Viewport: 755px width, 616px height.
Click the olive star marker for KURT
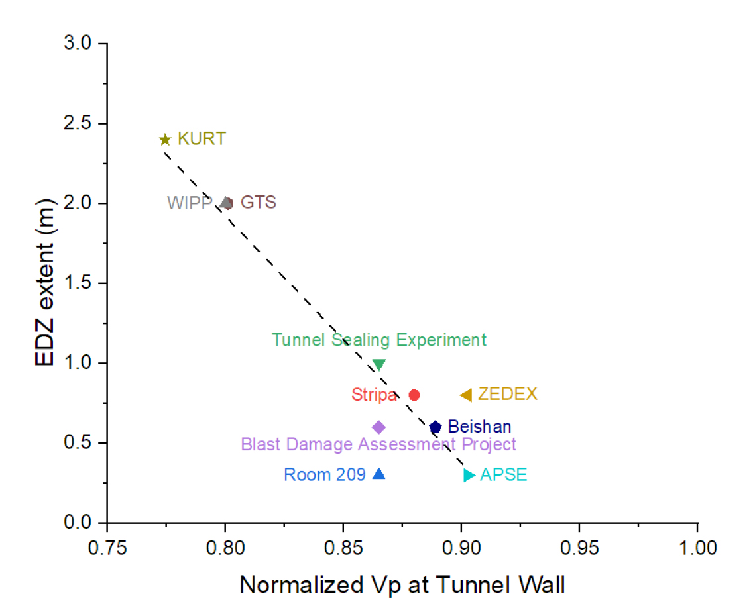coord(165,140)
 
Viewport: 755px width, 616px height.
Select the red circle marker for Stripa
coord(414,395)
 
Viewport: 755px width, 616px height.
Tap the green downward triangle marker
coord(379,364)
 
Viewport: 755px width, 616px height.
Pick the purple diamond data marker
coord(379,427)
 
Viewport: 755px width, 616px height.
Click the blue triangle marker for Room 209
coord(379,474)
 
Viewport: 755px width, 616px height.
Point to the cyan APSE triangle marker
coord(469,475)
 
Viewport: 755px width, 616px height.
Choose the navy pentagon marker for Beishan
coord(436,427)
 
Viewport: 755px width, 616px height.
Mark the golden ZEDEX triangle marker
coord(466,395)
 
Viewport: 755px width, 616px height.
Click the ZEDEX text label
coord(508,395)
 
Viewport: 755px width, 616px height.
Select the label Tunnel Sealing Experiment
coord(379,340)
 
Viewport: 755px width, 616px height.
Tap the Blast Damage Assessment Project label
coord(378,444)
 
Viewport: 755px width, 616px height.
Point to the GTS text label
coord(259,202)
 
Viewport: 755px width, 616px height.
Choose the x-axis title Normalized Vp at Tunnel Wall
coord(402,585)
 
